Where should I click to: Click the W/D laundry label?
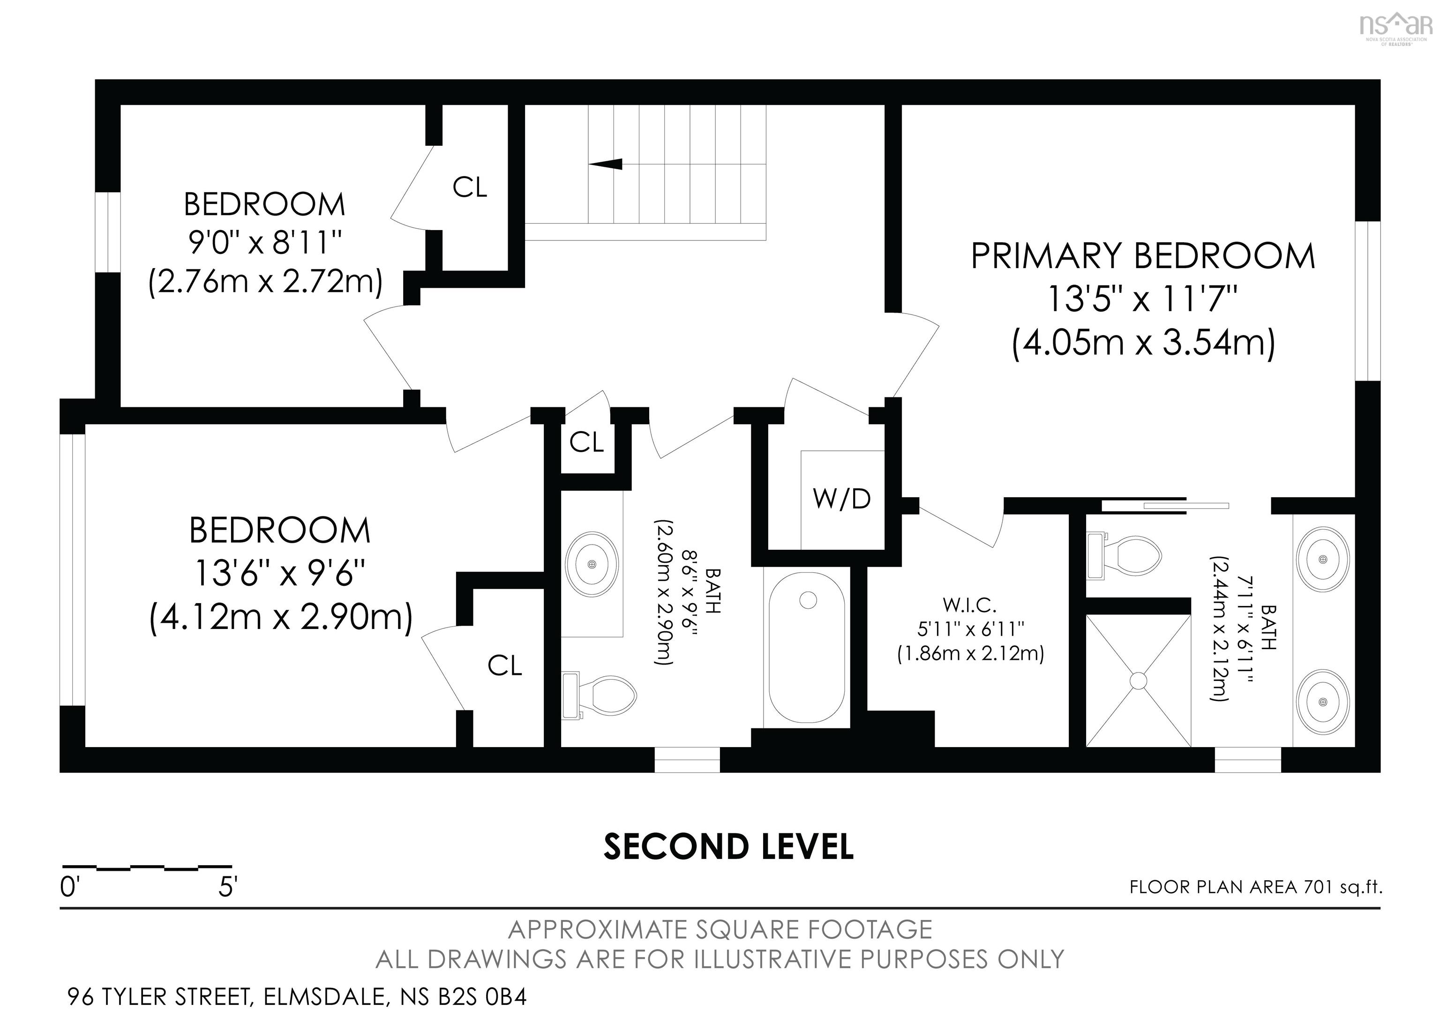[x=842, y=499]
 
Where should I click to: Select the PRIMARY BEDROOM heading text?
[x=1143, y=256]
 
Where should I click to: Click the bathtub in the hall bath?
[x=807, y=648]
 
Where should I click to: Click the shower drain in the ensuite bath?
[x=1138, y=681]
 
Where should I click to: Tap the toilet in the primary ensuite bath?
[x=1124, y=555]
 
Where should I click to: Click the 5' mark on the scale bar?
[x=228, y=888]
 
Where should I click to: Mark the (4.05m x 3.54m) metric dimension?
[x=1143, y=343]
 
